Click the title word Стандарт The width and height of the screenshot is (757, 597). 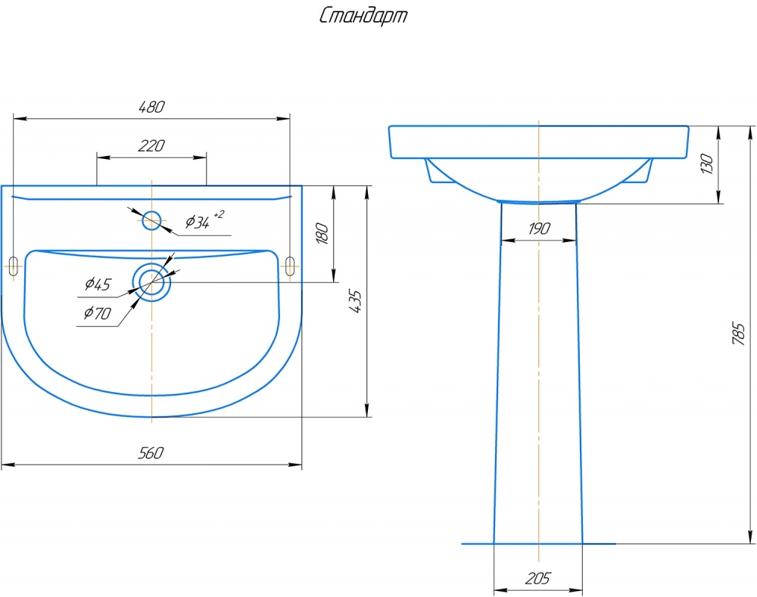(x=363, y=16)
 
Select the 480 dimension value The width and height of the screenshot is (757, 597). (x=151, y=107)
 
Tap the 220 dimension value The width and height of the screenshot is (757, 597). (x=151, y=145)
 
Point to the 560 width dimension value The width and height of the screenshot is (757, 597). (x=151, y=452)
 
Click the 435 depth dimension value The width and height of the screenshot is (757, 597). (x=355, y=302)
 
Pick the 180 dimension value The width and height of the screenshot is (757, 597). (x=322, y=233)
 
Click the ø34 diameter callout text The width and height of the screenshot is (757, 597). (x=198, y=222)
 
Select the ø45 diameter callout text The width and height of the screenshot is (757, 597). (x=98, y=284)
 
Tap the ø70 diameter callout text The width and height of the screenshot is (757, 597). (x=97, y=312)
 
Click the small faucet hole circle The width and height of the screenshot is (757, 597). (x=151, y=220)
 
